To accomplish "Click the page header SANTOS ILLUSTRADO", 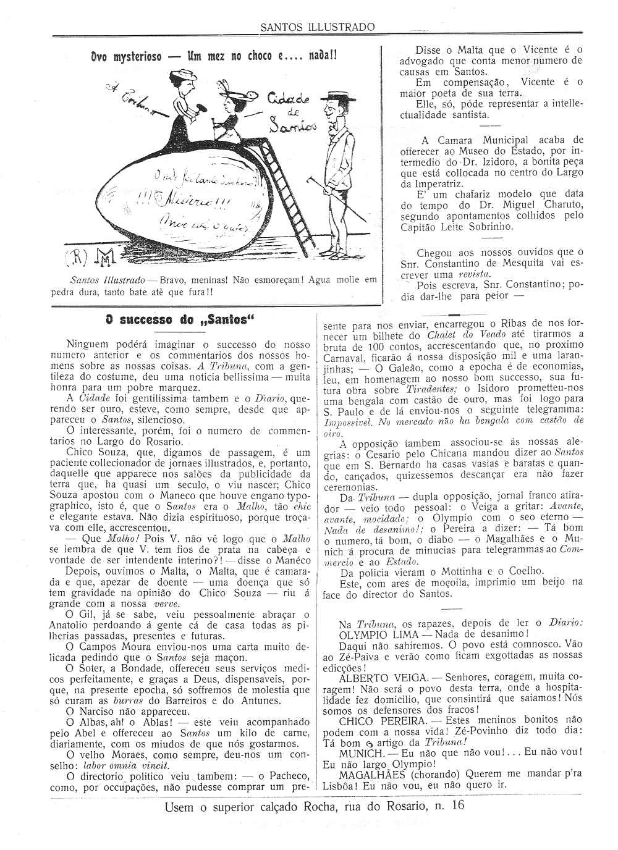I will (x=317, y=27).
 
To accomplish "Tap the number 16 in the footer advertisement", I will (x=458, y=806).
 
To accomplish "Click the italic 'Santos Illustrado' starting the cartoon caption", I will (x=108, y=280).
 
